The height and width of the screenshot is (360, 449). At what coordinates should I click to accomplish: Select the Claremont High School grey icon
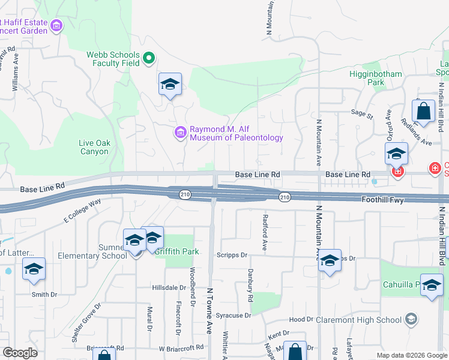click(411, 318)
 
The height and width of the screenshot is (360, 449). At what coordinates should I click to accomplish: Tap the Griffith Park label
click(176, 251)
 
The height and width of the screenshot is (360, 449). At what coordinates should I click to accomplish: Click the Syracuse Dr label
click(233, 315)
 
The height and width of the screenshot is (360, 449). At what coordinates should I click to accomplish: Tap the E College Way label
click(82, 212)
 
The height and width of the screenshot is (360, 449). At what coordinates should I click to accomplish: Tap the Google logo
click(20, 353)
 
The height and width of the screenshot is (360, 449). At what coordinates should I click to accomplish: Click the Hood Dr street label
click(302, 320)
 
